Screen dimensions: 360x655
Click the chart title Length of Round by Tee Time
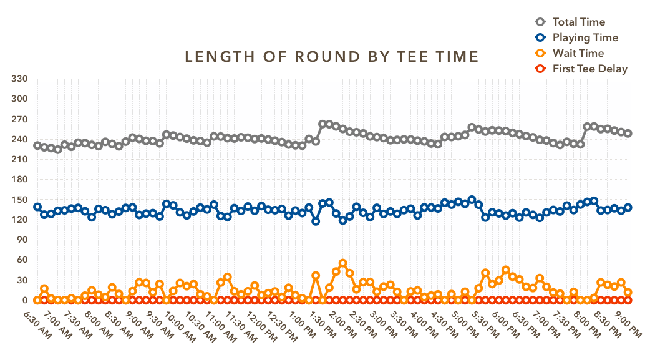(x=332, y=57)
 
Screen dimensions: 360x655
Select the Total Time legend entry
(x=578, y=22)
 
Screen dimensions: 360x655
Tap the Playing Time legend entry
(x=585, y=38)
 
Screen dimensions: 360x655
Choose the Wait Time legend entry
(x=578, y=54)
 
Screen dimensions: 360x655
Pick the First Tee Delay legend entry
(x=589, y=69)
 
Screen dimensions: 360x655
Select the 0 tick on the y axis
(x=26, y=300)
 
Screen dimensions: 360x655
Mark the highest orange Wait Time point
(x=342, y=263)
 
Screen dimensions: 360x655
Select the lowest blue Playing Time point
(x=316, y=221)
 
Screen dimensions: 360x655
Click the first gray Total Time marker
(x=37, y=145)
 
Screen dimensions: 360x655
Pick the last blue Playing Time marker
(x=628, y=207)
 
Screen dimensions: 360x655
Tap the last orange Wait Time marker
(x=628, y=292)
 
